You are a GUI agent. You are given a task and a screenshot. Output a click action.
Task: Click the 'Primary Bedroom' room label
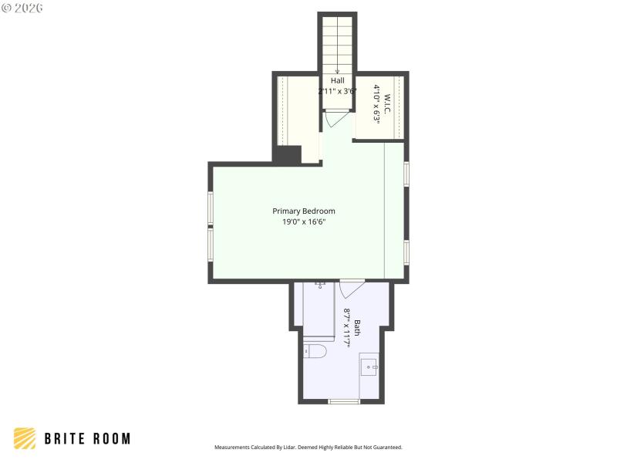[304, 211]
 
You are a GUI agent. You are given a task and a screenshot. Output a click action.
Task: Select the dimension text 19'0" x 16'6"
[304, 222]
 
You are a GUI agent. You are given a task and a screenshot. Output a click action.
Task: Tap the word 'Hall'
[338, 80]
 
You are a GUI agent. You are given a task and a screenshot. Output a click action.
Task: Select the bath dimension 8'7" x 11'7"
[347, 327]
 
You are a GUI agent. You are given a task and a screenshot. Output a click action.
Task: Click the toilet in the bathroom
[315, 352]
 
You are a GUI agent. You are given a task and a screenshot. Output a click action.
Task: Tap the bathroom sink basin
[369, 365]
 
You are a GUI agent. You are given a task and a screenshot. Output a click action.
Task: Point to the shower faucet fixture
[320, 285]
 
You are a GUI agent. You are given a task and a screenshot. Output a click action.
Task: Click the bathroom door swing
[349, 289]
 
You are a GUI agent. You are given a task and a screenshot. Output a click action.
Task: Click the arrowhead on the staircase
[337, 71]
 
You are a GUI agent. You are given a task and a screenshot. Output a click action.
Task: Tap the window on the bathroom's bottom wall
[344, 401]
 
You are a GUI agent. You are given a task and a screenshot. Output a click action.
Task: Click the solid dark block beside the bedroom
[286, 154]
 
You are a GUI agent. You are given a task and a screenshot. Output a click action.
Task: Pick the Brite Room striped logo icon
[25, 438]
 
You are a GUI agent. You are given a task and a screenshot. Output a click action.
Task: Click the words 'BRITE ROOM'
[87, 438]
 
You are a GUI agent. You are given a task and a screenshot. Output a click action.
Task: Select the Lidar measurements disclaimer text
[308, 447]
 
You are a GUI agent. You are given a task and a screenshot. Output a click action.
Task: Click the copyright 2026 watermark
[22, 8]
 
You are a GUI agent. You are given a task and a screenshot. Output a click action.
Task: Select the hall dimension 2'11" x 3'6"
[338, 91]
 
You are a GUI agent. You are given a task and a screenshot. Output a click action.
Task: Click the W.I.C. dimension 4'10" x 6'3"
[377, 104]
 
